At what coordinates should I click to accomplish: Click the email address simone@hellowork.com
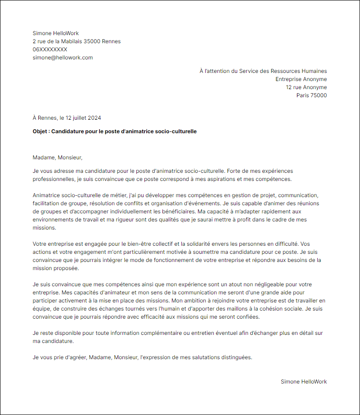(x=63, y=58)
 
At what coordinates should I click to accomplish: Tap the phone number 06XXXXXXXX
(x=50, y=50)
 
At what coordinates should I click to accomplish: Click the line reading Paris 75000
(x=311, y=95)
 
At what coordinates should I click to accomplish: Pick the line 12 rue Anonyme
(x=306, y=87)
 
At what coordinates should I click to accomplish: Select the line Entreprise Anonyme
(x=301, y=79)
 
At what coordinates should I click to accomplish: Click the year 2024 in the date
(x=94, y=118)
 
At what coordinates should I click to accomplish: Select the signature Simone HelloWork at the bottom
(x=304, y=382)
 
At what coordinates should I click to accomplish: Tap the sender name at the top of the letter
(x=56, y=33)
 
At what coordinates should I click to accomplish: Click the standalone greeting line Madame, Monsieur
(x=58, y=158)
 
